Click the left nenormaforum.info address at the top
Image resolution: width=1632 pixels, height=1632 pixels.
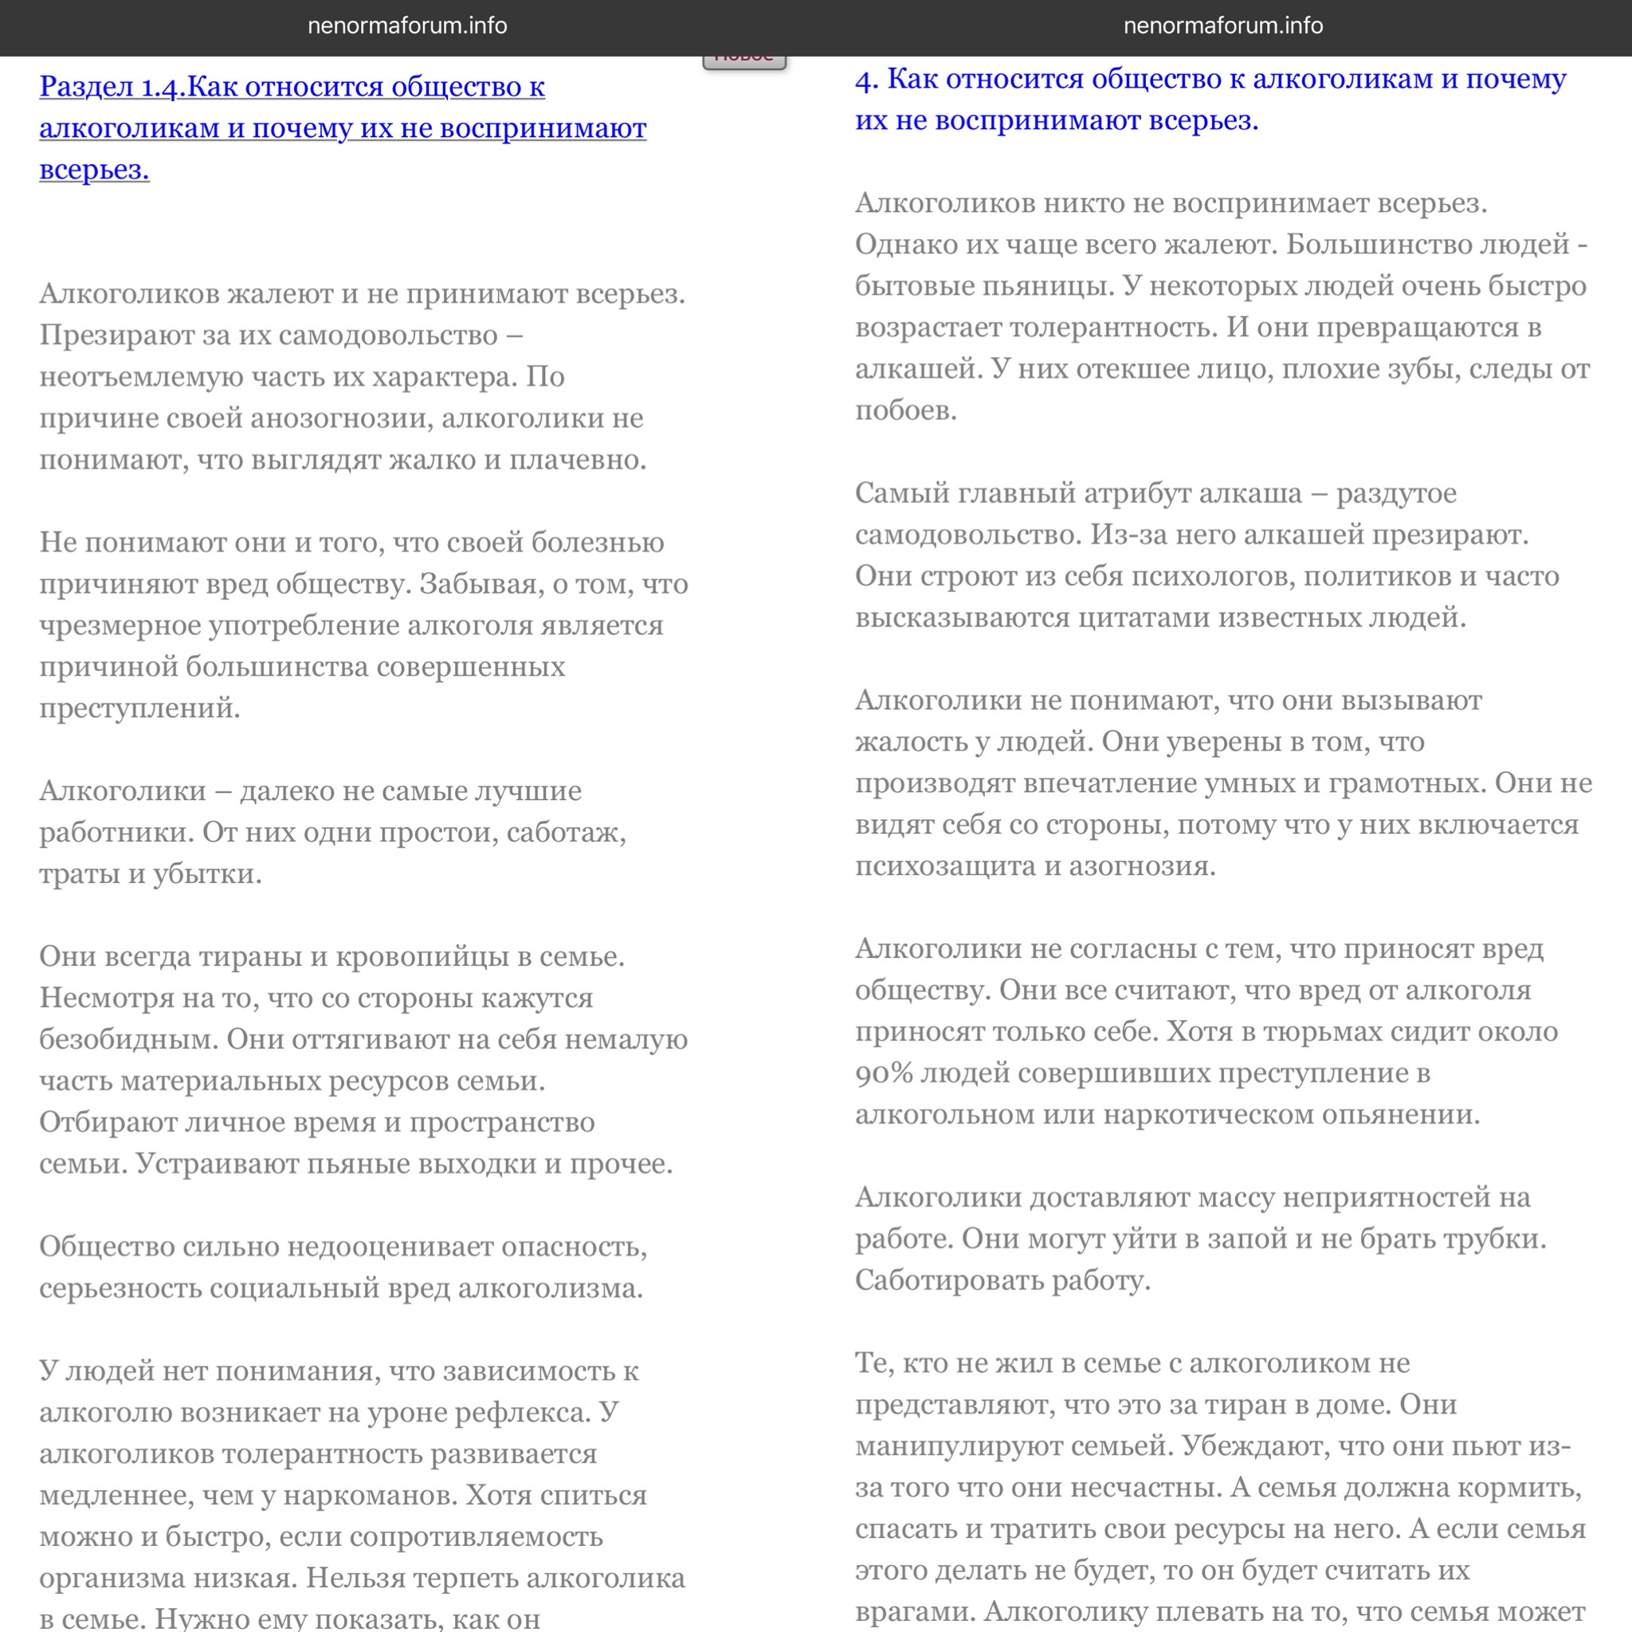point(407,26)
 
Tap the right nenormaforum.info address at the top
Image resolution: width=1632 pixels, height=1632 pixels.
point(1222,26)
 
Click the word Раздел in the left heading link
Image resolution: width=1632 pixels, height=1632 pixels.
point(87,87)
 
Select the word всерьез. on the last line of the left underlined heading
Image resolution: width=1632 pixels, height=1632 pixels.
point(95,170)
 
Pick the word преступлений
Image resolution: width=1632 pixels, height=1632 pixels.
point(139,708)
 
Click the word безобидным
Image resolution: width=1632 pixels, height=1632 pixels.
point(128,1039)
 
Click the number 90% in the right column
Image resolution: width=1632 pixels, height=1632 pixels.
point(884,1073)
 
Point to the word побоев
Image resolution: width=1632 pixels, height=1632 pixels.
point(905,410)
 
